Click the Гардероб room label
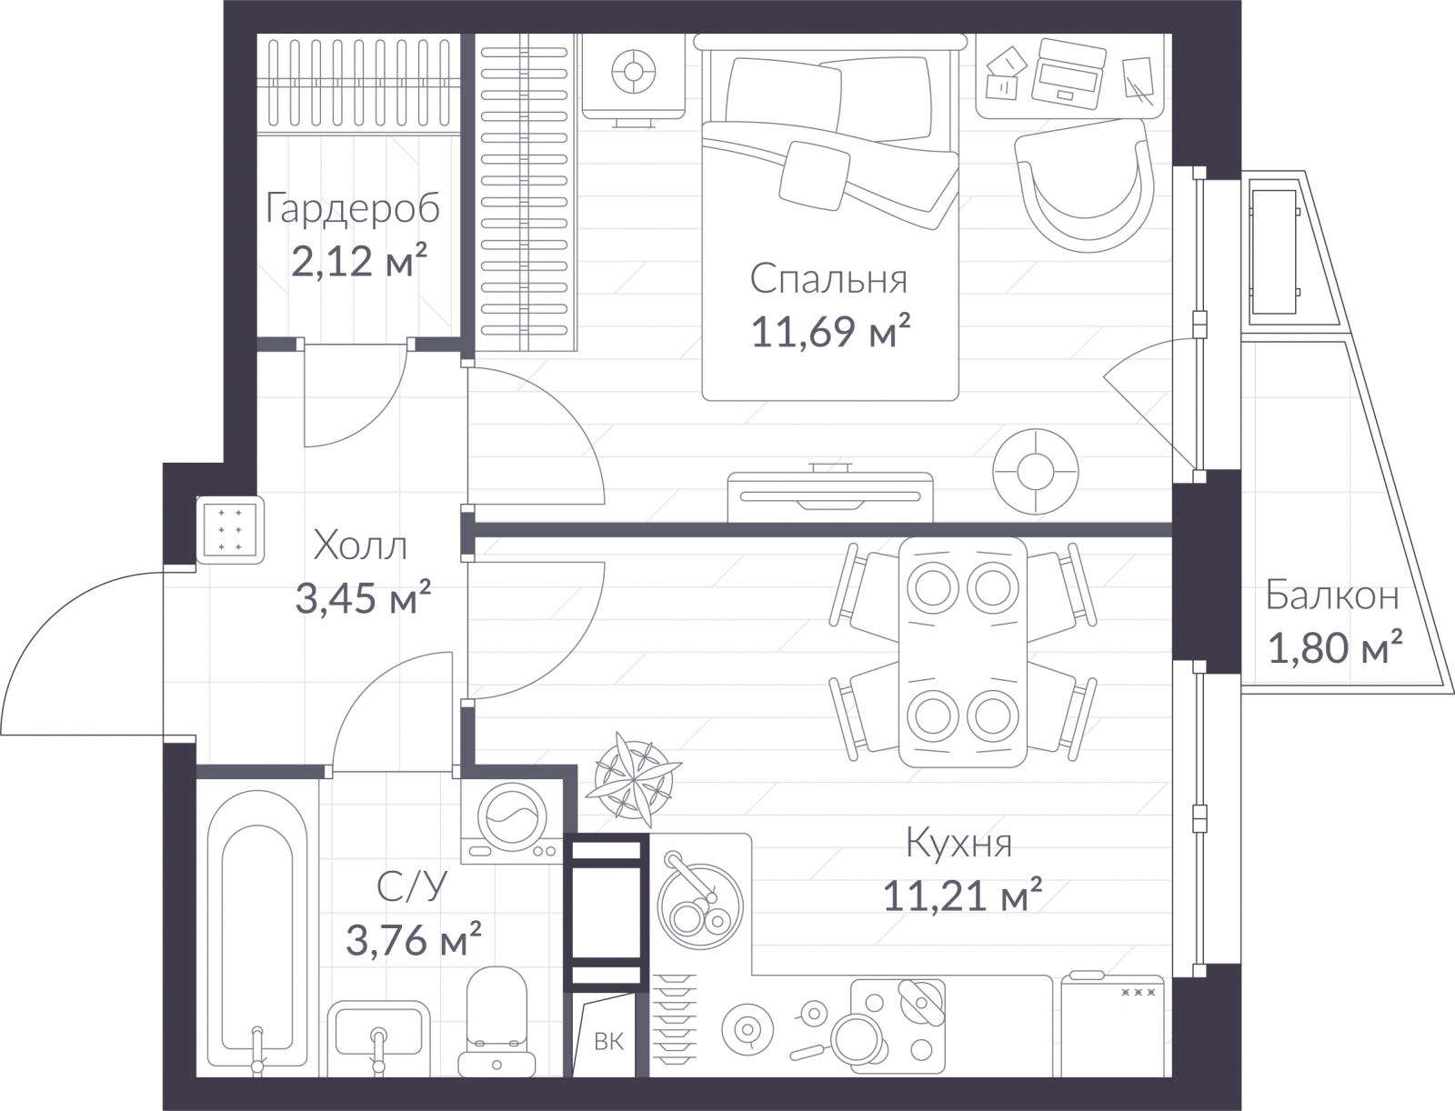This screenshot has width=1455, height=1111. click(352, 209)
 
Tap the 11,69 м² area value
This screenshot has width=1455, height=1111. click(830, 331)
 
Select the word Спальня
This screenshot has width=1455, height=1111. click(828, 280)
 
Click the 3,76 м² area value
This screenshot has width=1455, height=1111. click(414, 939)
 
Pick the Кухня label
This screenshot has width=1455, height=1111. click(959, 845)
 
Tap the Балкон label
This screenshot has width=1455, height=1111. click(1332, 595)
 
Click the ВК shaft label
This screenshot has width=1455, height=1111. click(608, 1042)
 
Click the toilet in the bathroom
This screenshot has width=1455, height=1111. click(497, 1021)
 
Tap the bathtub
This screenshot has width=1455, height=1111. click(257, 935)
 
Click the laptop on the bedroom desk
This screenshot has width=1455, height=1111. click(1069, 75)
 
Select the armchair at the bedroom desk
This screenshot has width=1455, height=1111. click(1085, 185)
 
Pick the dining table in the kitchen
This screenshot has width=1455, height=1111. click(962, 652)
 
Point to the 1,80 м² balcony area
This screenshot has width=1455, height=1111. click(1335, 648)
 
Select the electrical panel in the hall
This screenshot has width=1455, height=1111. click(230, 530)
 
